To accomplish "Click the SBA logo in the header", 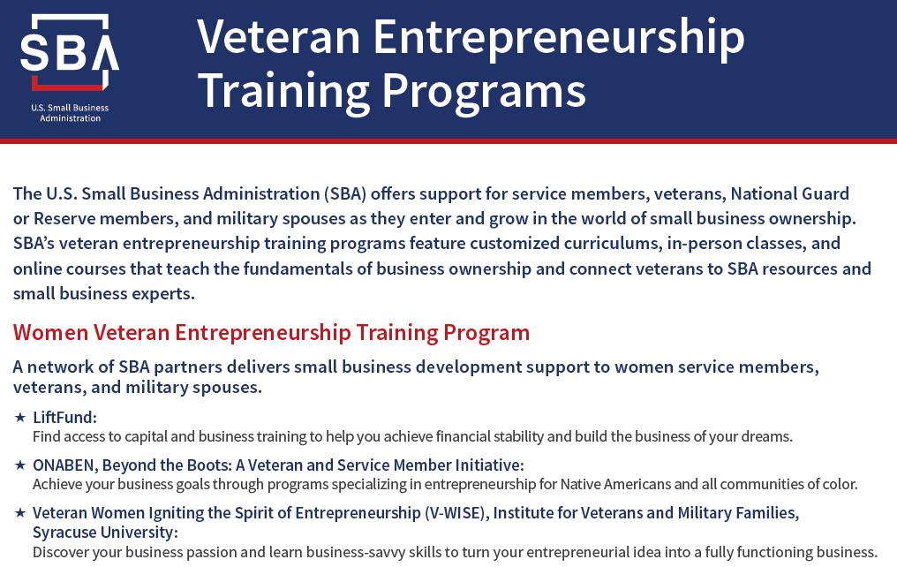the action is point(70,53).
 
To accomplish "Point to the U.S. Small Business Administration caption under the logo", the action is point(70,113).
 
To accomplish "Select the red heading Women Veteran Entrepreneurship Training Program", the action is point(271,332).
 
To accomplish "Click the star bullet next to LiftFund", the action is point(20,417).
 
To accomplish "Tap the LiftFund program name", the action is point(64,417).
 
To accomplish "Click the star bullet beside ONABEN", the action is point(20,465).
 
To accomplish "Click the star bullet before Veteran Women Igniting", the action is point(20,512).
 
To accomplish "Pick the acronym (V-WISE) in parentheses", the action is point(456,512).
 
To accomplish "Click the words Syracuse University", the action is point(105,533).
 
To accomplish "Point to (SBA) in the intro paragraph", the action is point(345,194).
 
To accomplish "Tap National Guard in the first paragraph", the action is point(790,194).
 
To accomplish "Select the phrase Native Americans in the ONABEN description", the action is point(615,485).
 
